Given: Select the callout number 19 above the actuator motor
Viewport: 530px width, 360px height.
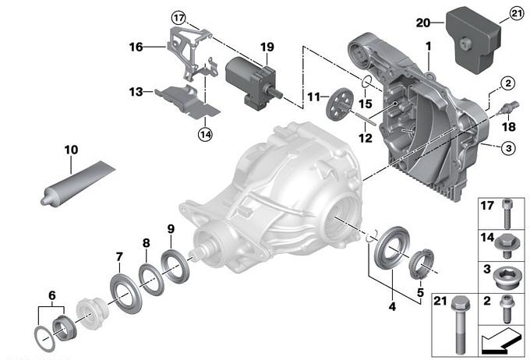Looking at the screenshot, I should pos(267,47).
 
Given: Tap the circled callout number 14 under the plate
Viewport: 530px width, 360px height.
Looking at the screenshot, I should pos(204,133).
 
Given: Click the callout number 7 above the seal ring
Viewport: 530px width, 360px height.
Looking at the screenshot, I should pos(119,257).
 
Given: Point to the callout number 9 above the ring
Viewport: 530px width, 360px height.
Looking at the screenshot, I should pos(170,228).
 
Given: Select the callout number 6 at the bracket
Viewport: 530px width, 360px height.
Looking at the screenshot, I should pos(51,295).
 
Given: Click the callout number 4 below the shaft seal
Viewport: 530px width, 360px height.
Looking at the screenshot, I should pos(392,307).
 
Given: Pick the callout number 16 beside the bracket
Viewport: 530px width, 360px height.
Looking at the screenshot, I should pos(136,47).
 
